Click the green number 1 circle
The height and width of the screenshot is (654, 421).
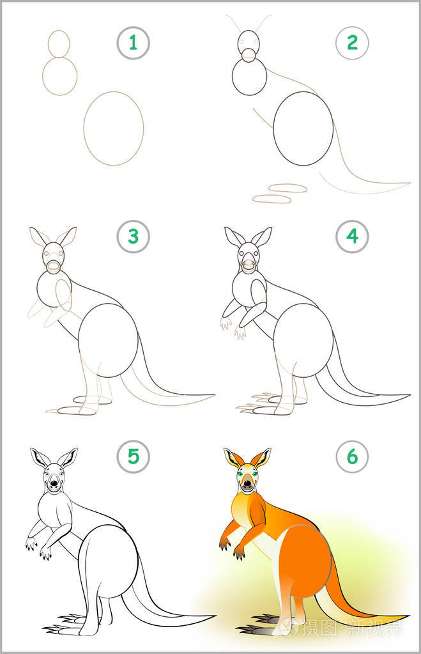click(x=133, y=43)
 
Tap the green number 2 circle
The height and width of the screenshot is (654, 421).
click(x=352, y=43)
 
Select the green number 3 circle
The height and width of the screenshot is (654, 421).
click(x=133, y=237)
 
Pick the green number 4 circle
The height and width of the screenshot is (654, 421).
click(x=352, y=237)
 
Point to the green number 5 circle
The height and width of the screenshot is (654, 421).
click(x=133, y=456)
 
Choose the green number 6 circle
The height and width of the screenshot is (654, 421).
click(x=352, y=456)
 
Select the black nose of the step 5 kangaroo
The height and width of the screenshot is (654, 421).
click(x=54, y=485)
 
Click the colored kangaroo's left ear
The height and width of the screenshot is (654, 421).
click(x=233, y=458)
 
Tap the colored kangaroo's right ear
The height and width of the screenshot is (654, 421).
click(x=261, y=458)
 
